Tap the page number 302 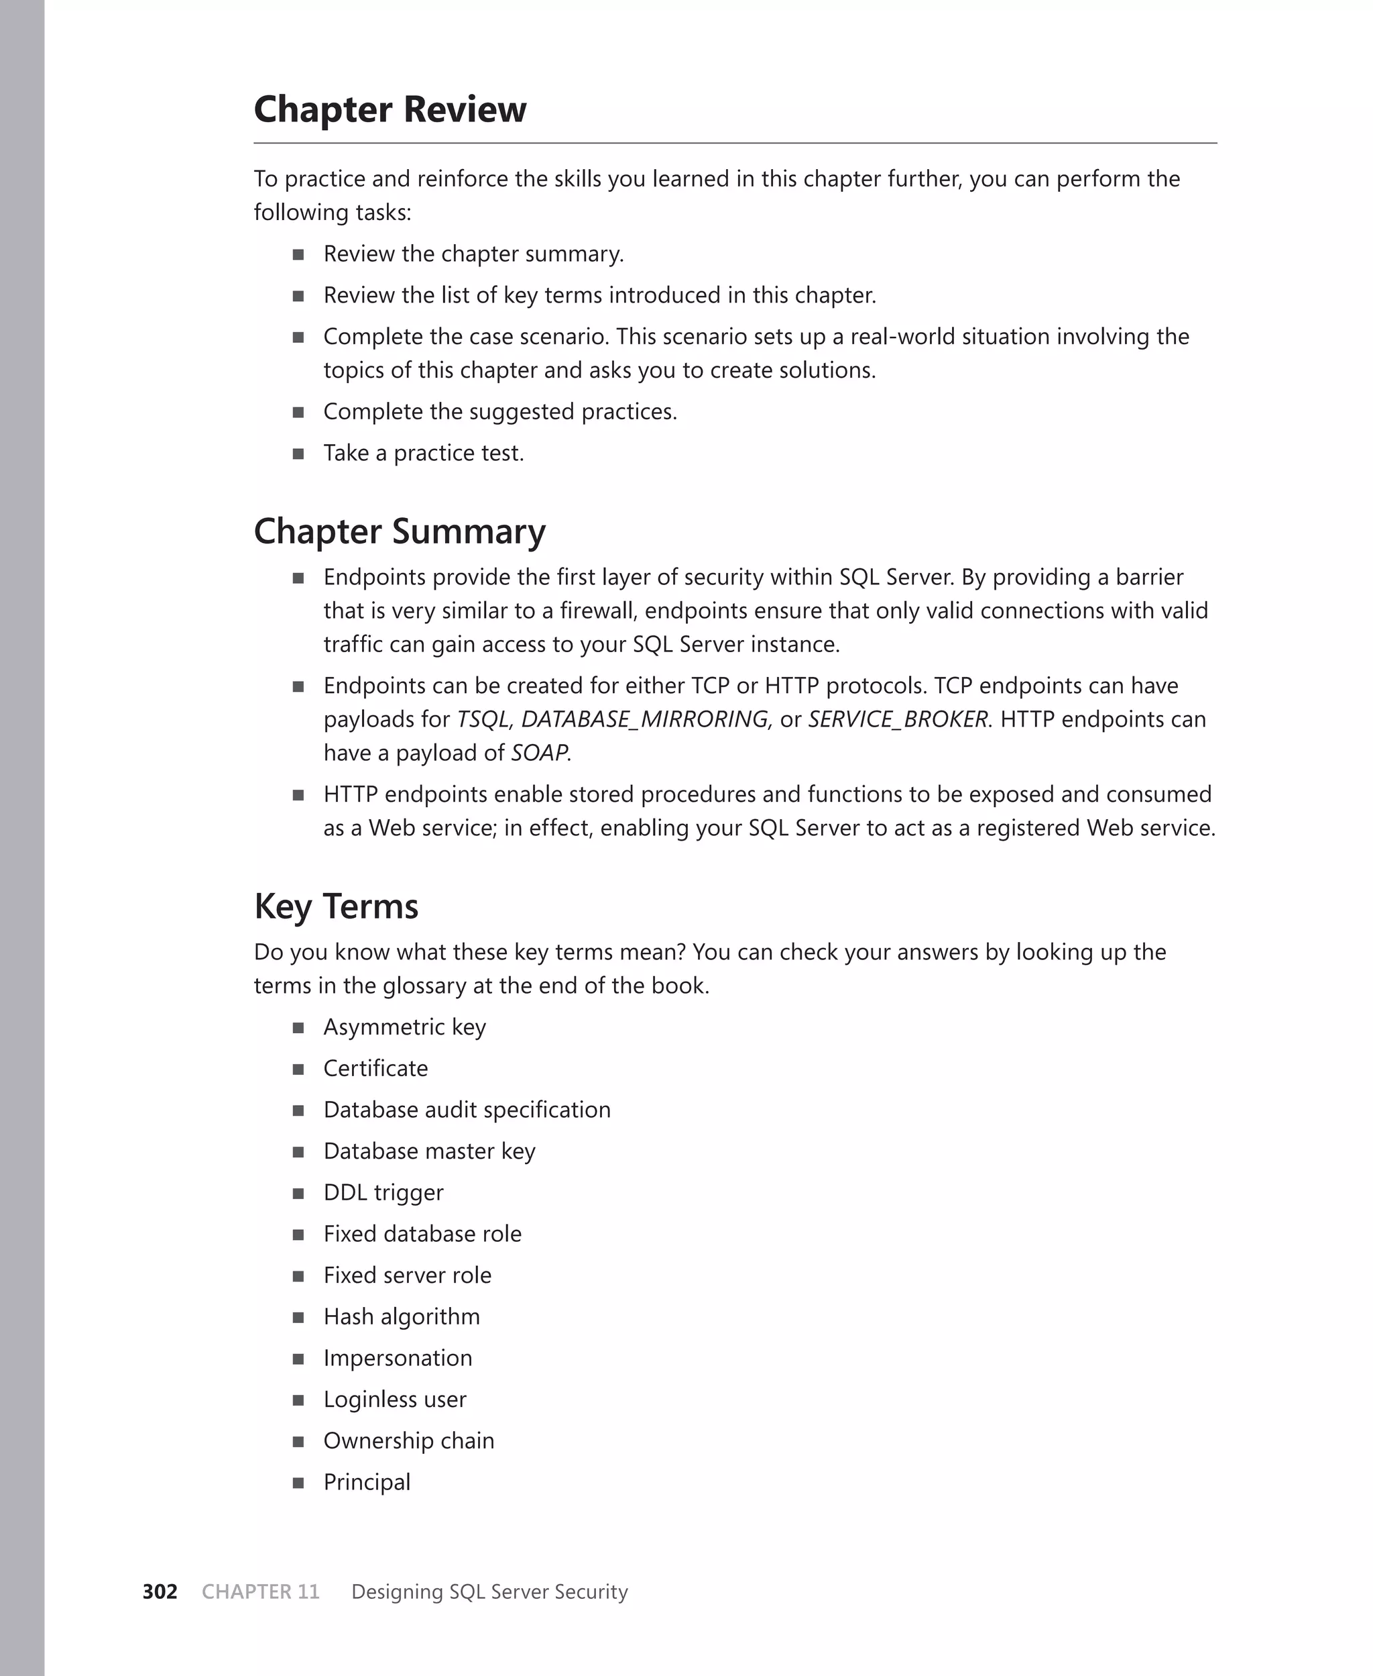(160, 1591)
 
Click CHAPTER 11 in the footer (260, 1591)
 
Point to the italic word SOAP (538, 753)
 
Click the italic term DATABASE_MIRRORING (644, 719)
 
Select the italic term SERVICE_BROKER (898, 719)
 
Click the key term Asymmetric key (404, 1027)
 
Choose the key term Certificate (375, 1068)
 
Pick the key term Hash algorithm (402, 1317)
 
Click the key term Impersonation (397, 1358)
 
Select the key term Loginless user (395, 1399)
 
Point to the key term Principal (367, 1482)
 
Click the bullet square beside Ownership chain (298, 1442)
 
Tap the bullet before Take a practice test (298, 454)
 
